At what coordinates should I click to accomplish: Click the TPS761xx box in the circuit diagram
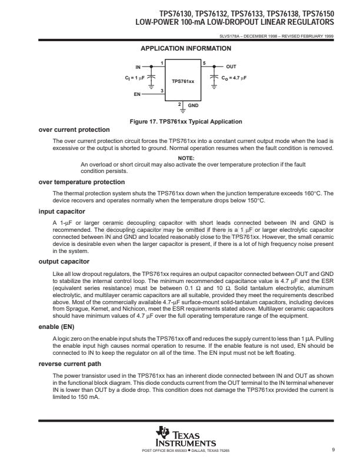coord(183,82)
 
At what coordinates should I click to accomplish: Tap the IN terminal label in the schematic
coord(138,68)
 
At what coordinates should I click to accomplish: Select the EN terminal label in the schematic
coord(138,94)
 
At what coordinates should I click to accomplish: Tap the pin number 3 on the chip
coord(162,89)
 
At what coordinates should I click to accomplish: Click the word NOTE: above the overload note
coord(186,158)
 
